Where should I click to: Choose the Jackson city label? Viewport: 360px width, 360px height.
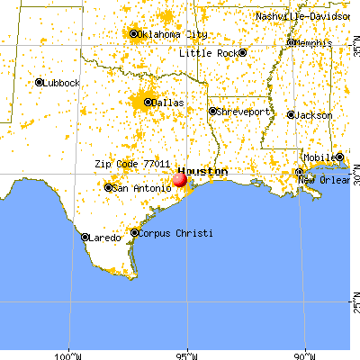pyautogui.click(x=315, y=116)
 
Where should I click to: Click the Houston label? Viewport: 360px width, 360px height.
pyautogui.click(x=202, y=170)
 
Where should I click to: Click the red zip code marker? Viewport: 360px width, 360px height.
pyautogui.click(x=179, y=179)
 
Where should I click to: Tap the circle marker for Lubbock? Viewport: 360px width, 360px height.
pyautogui.click(x=39, y=83)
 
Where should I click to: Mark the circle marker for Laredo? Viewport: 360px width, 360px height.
pyautogui.click(x=85, y=238)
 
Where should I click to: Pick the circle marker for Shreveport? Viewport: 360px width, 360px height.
pyautogui.click(x=213, y=112)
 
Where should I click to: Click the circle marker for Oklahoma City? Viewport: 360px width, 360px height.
pyautogui.click(x=134, y=35)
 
